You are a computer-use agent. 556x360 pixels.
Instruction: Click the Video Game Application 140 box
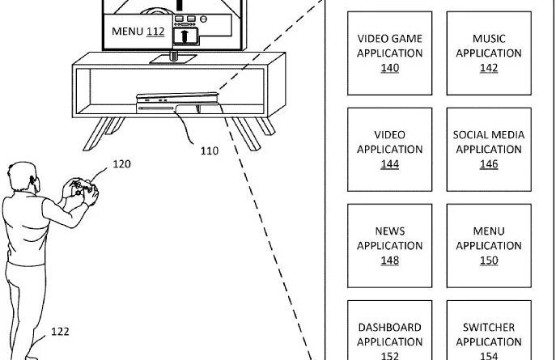click(x=390, y=53)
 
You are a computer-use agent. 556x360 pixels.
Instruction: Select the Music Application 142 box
click(x=489, y=53)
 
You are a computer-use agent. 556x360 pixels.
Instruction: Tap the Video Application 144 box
click(x=390, y=150)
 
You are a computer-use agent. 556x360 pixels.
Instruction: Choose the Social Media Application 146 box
click(x=489, y=150)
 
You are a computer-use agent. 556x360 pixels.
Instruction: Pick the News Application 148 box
click(x=390, y=246)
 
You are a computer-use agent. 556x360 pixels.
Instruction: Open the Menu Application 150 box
click(x=489, y=246)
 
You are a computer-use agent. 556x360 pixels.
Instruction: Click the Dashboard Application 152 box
click(x=390, y=330)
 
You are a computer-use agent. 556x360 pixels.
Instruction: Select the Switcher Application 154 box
click(x=489, y=330)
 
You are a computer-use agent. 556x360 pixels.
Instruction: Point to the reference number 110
click(x=210, y=151)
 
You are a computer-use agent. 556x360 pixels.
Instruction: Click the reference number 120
click(x=121, y=164)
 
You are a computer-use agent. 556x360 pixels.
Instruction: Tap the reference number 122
click(x=60, y=332)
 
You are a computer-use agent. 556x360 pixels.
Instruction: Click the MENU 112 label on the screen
click(x=138, y=32)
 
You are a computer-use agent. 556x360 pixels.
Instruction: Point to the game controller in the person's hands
click(x=83, y=188)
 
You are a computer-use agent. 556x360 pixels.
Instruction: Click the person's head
click(x=23, y=176)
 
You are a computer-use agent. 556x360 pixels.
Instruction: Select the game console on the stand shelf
click(x=177, y=103)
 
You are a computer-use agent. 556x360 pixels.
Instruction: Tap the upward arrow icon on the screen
click(x=185, y=36)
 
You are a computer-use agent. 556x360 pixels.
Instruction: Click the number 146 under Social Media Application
click(x=489, y=164)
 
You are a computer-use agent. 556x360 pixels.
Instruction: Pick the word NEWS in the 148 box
click(x=390, y=231)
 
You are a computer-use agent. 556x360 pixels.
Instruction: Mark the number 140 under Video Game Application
click(x=390, y=68)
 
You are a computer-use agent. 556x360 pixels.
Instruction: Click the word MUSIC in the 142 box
click(x=489, y=39)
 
